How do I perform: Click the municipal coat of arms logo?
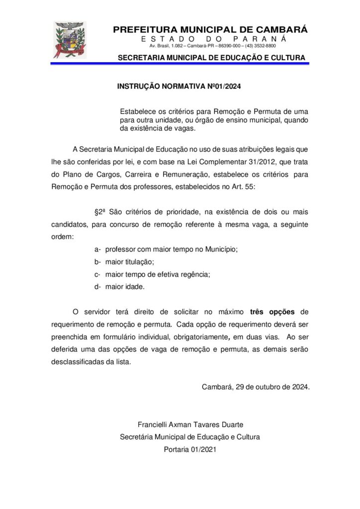(70, 40)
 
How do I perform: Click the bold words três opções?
(272, 312)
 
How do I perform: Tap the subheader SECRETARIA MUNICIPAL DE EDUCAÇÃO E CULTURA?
(211, 58)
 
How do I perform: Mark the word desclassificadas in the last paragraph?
(76, 362)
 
